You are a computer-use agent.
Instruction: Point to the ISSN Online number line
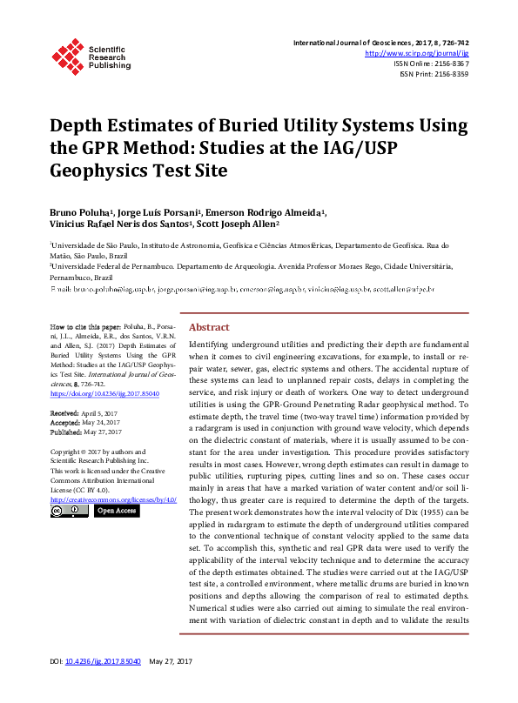click(432, 64)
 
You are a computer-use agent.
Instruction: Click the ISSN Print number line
click(434, 74)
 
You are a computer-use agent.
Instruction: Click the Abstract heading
click(209, 327)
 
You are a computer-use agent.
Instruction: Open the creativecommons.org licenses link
click(113, 499)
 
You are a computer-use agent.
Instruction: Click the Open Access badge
click(117, 512)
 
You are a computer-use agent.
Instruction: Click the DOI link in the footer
click(103, 686)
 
